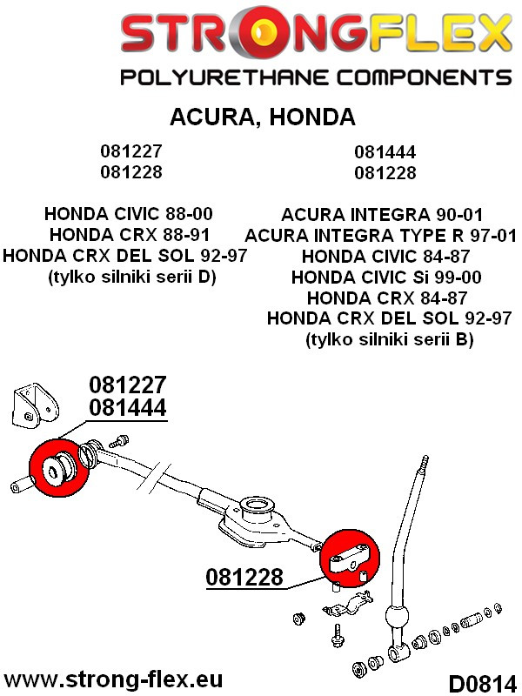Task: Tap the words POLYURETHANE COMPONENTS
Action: point(315,77)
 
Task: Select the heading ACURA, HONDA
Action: point(261,117)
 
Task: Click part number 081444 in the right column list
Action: point(385,152)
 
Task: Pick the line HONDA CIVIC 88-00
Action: point(128,213)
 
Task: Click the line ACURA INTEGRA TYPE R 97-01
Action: point(381,235)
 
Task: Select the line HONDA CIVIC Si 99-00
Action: point(385,277)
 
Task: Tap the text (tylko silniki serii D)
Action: point(129,277)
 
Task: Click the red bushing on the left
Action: point(60,471)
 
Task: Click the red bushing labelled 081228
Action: point(351,558)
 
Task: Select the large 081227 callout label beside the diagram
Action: point(127,385)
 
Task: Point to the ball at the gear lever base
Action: point(397,619)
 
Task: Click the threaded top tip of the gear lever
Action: point(424,461)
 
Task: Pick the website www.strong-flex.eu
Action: point(113,679)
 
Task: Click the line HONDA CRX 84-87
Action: point(387,298)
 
